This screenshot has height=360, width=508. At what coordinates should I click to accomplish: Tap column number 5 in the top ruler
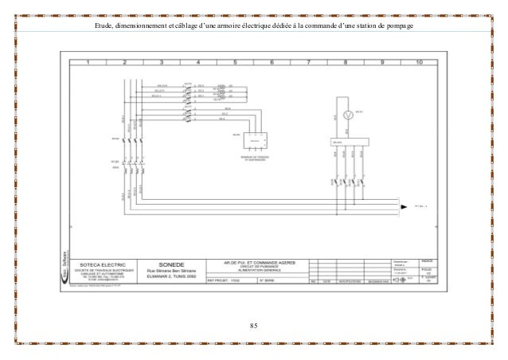(237, 61)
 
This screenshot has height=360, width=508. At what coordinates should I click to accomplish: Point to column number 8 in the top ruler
(345, 61)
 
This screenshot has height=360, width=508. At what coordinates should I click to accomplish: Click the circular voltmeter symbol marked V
(346, 115)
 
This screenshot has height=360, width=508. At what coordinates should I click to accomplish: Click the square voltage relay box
(255, 140)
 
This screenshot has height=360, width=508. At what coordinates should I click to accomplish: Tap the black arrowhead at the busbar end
(404, 204)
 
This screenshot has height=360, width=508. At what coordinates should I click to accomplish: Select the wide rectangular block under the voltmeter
(349, 143)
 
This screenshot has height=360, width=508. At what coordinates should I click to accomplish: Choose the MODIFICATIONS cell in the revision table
(348, 281)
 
